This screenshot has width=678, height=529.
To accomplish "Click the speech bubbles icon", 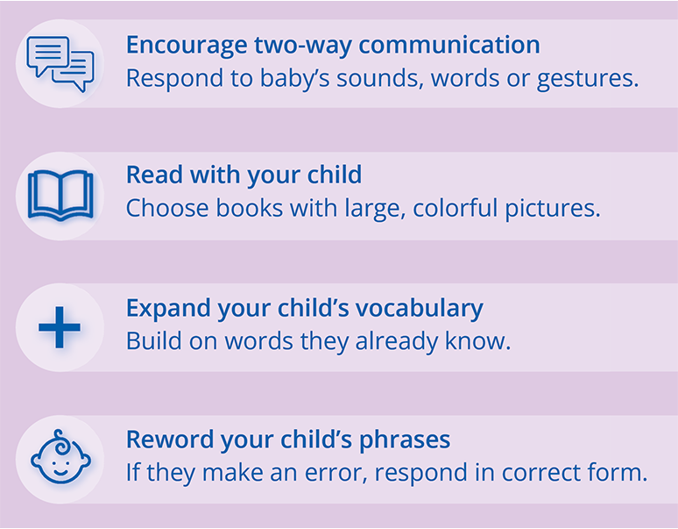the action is [x=60, y=64].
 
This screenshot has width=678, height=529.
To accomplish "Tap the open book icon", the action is [x=60, y=196].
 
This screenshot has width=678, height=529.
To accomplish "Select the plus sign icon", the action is [x=60, y=327].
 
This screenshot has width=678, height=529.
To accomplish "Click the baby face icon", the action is [x=60, y=457].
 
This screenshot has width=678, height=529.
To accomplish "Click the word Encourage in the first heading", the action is [x=187, y=46].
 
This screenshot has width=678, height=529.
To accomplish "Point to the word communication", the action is [x=449, y=45].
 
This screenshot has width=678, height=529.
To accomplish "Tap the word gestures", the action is [x=588, y=79].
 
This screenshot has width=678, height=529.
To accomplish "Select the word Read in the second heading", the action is [x=154, y=175].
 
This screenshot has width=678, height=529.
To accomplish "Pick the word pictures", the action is [x=553, y=209].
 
